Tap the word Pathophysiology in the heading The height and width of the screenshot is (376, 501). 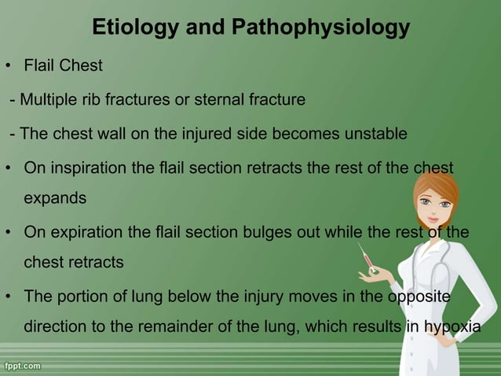(x=320, y=28)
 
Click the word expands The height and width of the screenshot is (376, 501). (x=56, y=198)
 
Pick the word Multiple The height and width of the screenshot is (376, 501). (x=48, y=101)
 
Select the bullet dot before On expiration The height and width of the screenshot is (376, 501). (x=7, y=233)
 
